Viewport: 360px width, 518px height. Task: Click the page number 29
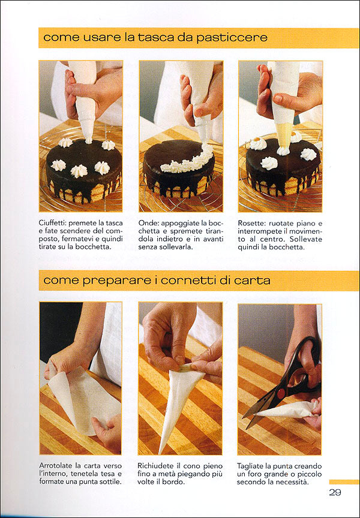[x=335, y=492]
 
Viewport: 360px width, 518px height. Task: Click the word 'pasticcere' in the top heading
[x=232, y=38]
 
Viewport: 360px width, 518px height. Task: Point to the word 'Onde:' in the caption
[x=148, y=223]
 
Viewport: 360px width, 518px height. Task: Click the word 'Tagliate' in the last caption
[x=248, y=466]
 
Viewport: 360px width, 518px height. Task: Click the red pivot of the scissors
[x=281, y=393]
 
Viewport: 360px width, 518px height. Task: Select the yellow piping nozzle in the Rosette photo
[x=284, y=135]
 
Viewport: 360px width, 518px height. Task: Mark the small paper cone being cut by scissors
[x=287, y=410]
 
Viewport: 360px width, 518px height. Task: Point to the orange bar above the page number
[x=344, y=481]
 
